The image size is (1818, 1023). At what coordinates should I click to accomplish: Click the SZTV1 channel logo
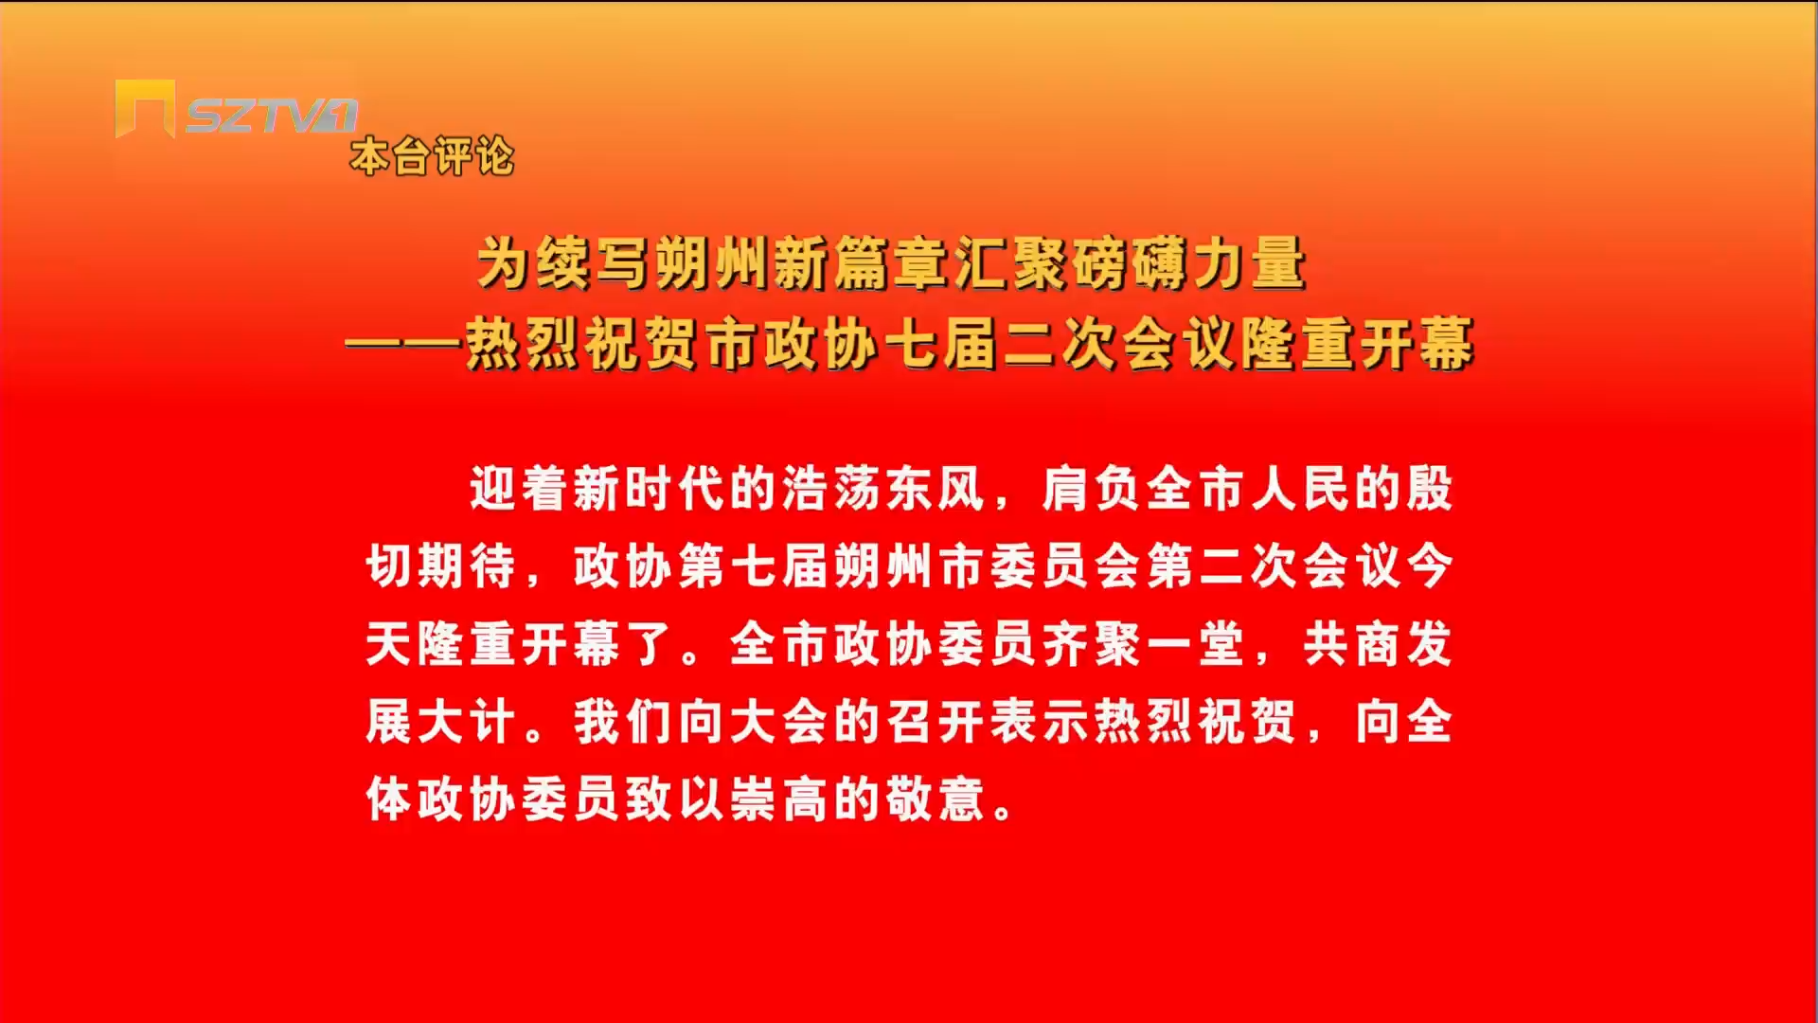pos(237,110)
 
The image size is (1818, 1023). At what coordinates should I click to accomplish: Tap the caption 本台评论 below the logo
pos(433,156)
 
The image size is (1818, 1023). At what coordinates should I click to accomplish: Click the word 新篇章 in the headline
pos(863,262)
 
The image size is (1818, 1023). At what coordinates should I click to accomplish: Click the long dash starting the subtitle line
pos(404,342)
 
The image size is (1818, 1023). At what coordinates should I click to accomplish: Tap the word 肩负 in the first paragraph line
pos(1091,489)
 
